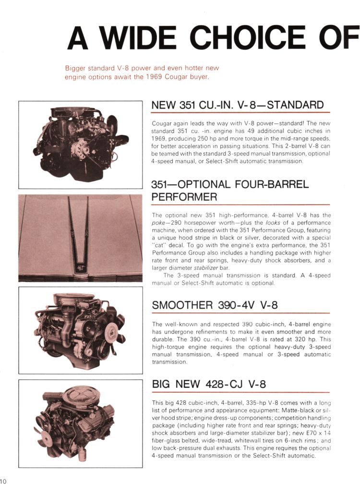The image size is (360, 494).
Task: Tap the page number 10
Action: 3,481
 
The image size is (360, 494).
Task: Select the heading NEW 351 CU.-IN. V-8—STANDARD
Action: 237,105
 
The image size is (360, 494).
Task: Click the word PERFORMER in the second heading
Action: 184,197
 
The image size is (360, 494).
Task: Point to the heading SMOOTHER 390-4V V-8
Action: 215,305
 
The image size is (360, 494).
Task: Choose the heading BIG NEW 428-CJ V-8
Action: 208,384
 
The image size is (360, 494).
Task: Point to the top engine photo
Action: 80,144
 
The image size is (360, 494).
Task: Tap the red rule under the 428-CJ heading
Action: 241,393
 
